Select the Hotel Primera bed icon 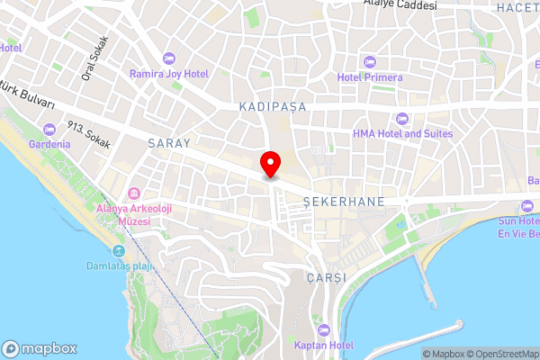[370, 60]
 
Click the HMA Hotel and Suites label [402, 133]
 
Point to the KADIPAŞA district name [274, 106]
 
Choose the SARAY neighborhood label [169, 143]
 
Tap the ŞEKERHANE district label [345, 200]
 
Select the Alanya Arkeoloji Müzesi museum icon [133, 194]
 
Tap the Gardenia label [49, 144]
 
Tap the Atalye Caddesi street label [400, 4]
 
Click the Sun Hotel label [519, 220]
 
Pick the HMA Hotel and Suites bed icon [402, 118]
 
